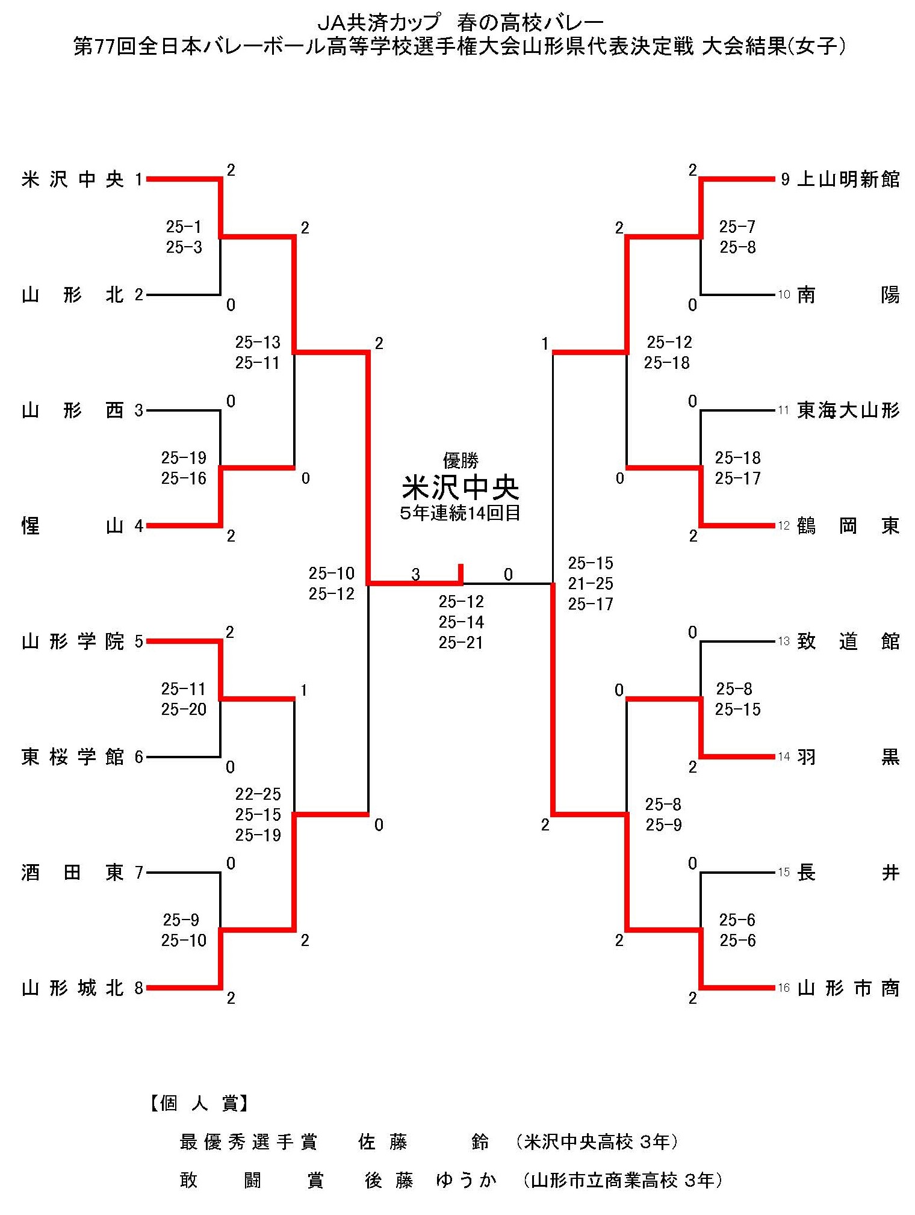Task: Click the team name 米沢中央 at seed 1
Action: (x=72, y=179)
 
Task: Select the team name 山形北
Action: (x=72, y=295)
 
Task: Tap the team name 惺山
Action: (x=72, y=526)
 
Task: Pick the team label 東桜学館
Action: (x=72, y=756)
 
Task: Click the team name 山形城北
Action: (x=72, y=988)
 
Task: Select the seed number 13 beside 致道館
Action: (x=783, y=642)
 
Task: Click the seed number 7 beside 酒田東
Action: (x=139, y=872)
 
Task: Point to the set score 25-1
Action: (x=184, y=227)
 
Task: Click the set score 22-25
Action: (x=258, y=794)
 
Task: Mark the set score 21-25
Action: (x=591, y=583)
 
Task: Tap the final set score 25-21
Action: (x=461, y=642)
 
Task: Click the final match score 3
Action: (x=415, y=574)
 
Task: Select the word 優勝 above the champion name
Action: (x=461, y=460)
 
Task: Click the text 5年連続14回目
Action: (x=461, y=513)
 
